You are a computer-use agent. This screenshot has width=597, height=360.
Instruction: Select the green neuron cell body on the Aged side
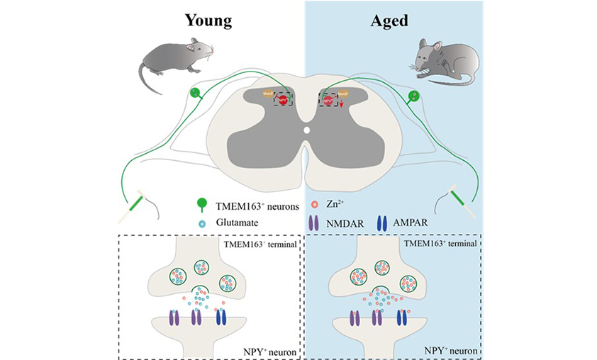tap(415, 95)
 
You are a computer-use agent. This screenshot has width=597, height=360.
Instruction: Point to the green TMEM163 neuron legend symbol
tap(202, 205)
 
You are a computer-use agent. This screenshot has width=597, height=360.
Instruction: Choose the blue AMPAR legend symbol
tap(383, 223)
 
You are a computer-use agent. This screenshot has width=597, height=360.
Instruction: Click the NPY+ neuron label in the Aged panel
tap(446, 348)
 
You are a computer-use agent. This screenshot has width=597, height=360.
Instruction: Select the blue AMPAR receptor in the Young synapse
tap(221, 317)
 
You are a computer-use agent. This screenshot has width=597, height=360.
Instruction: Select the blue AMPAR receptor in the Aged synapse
tap(402, 317)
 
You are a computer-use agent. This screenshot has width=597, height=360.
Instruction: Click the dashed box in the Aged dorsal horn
tap(328, 100)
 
